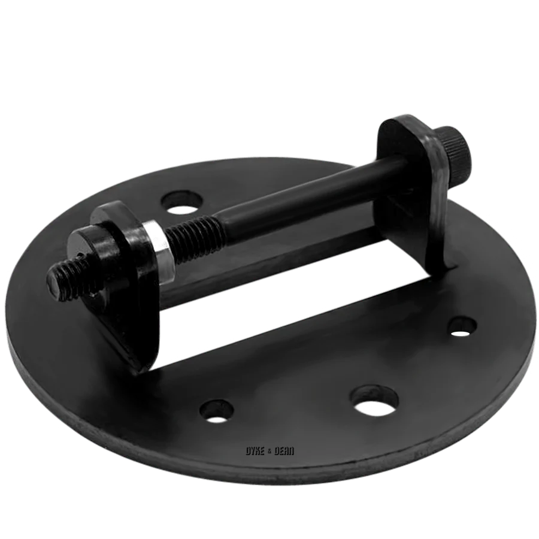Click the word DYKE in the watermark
pyautogui.click(x=255, y=451)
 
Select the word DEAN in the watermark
pyautogui.click(x=284, y=451)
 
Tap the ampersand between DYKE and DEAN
pyautogui.click(x=269, y=452)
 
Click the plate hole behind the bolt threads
pyautogui.click(x=181, y=203)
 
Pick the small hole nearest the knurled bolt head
pyautogui.click(x=463, y=327)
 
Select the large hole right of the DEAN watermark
pyautogui.click(x=374, y=401)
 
